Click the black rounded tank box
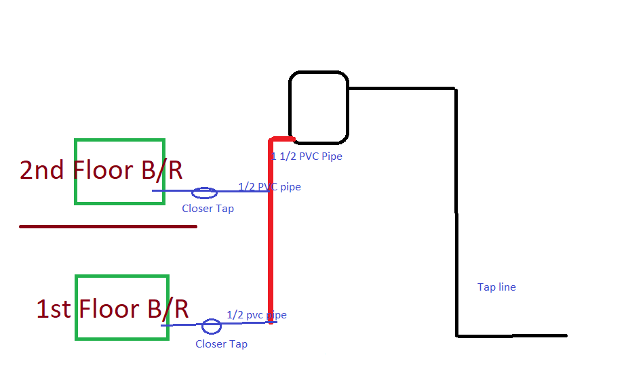click(x=290, y=107)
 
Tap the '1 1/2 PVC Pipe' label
click(x=307, y=156)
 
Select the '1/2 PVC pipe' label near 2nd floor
click(x=269, y=187)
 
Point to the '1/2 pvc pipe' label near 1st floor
click(x=257, y=315)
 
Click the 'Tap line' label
click(x=496, y=287)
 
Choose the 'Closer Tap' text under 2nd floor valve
click(x=208, y=209)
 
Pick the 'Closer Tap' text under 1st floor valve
click(x=222, y=344)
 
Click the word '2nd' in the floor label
click(x=41, y=170)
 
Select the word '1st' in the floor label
click(x=54, y=309)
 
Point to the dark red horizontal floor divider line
click(x=108, y=227)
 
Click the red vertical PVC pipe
click(x=271, y=232)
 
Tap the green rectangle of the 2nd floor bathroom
click(x=76, y=171)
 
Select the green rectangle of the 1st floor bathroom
click(x=77, y=308)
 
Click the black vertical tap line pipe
click(x=456, y=212)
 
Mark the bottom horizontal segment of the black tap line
click(x=511, y=336)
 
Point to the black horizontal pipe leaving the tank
click(x=401, y=88)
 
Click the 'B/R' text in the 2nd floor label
click(x=162, y=170)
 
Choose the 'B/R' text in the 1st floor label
click(x=168, y=309)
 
